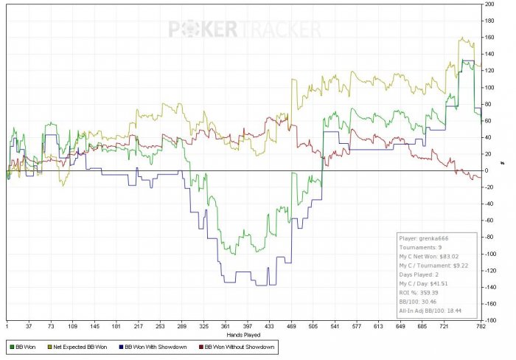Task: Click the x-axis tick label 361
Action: coord(226,325)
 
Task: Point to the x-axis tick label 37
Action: coord(29,325)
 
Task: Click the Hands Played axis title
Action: coord(243,334)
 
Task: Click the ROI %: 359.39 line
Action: coord(417,292)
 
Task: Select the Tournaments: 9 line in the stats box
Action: coord(421,248)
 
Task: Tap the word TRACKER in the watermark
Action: coord(280,29)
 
